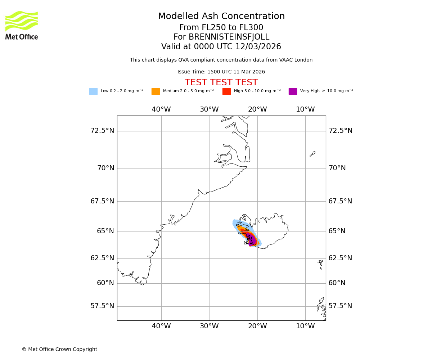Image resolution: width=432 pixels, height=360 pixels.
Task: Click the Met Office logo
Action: tap(22, 25)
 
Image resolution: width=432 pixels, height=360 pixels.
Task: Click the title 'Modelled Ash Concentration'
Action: tap(221, 17)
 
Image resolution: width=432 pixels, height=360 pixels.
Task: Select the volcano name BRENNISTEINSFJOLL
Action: tap(229, 37)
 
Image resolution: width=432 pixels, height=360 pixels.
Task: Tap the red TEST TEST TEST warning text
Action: tap(221, 82)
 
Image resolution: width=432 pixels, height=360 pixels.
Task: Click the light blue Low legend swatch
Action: tap(93, 91)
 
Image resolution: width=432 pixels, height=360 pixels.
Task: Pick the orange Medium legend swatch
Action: tap(156, 91)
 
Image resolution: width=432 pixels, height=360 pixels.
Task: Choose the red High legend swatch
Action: tap(226, 91)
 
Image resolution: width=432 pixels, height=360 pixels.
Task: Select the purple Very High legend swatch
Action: tap(293, 91)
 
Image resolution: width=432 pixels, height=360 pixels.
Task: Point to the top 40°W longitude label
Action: tap(161, 109)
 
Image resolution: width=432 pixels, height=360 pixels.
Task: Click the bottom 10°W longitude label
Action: tap(305, 326)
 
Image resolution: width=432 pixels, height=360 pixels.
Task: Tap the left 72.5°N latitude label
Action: tap(102, 131)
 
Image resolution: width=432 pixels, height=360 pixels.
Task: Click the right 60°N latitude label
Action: tap(337, 283)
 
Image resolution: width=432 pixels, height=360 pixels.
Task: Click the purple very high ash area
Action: tap(252, 240)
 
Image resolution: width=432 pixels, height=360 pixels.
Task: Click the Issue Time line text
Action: tap(221, 72)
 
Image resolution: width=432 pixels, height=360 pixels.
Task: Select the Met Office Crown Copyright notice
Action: tap(59, 349)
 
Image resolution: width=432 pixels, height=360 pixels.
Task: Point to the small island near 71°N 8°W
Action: tap(312, 154)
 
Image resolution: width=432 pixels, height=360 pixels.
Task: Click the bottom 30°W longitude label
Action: tap(209, 326)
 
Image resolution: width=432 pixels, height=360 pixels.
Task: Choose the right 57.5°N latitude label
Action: tap(340, 306)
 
